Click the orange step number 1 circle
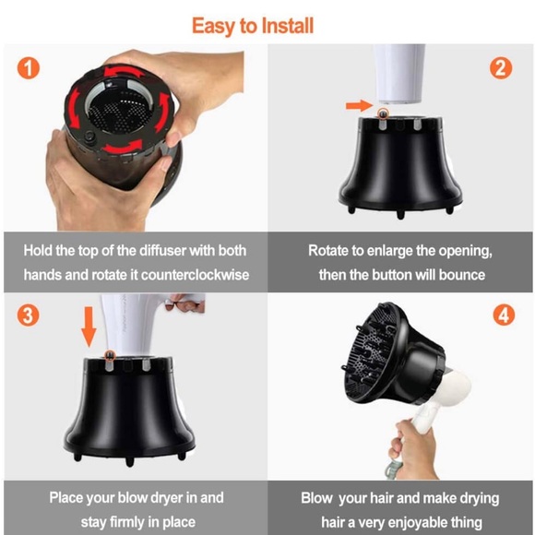tap(29, 68)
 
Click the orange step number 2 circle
tap(501, 68)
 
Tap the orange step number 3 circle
tap(28, 315)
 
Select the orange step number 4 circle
tap(504, 315)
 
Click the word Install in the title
tap(288, 26)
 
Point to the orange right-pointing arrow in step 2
tap(360, 105)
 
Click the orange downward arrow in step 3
tap(89, 327)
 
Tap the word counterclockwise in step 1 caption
tap(195, 275)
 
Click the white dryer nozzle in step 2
tap(398, 74)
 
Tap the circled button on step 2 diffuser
tap(383, 113)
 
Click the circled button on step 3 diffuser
tap(110, 355)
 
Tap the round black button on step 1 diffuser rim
tap(90, 137)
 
